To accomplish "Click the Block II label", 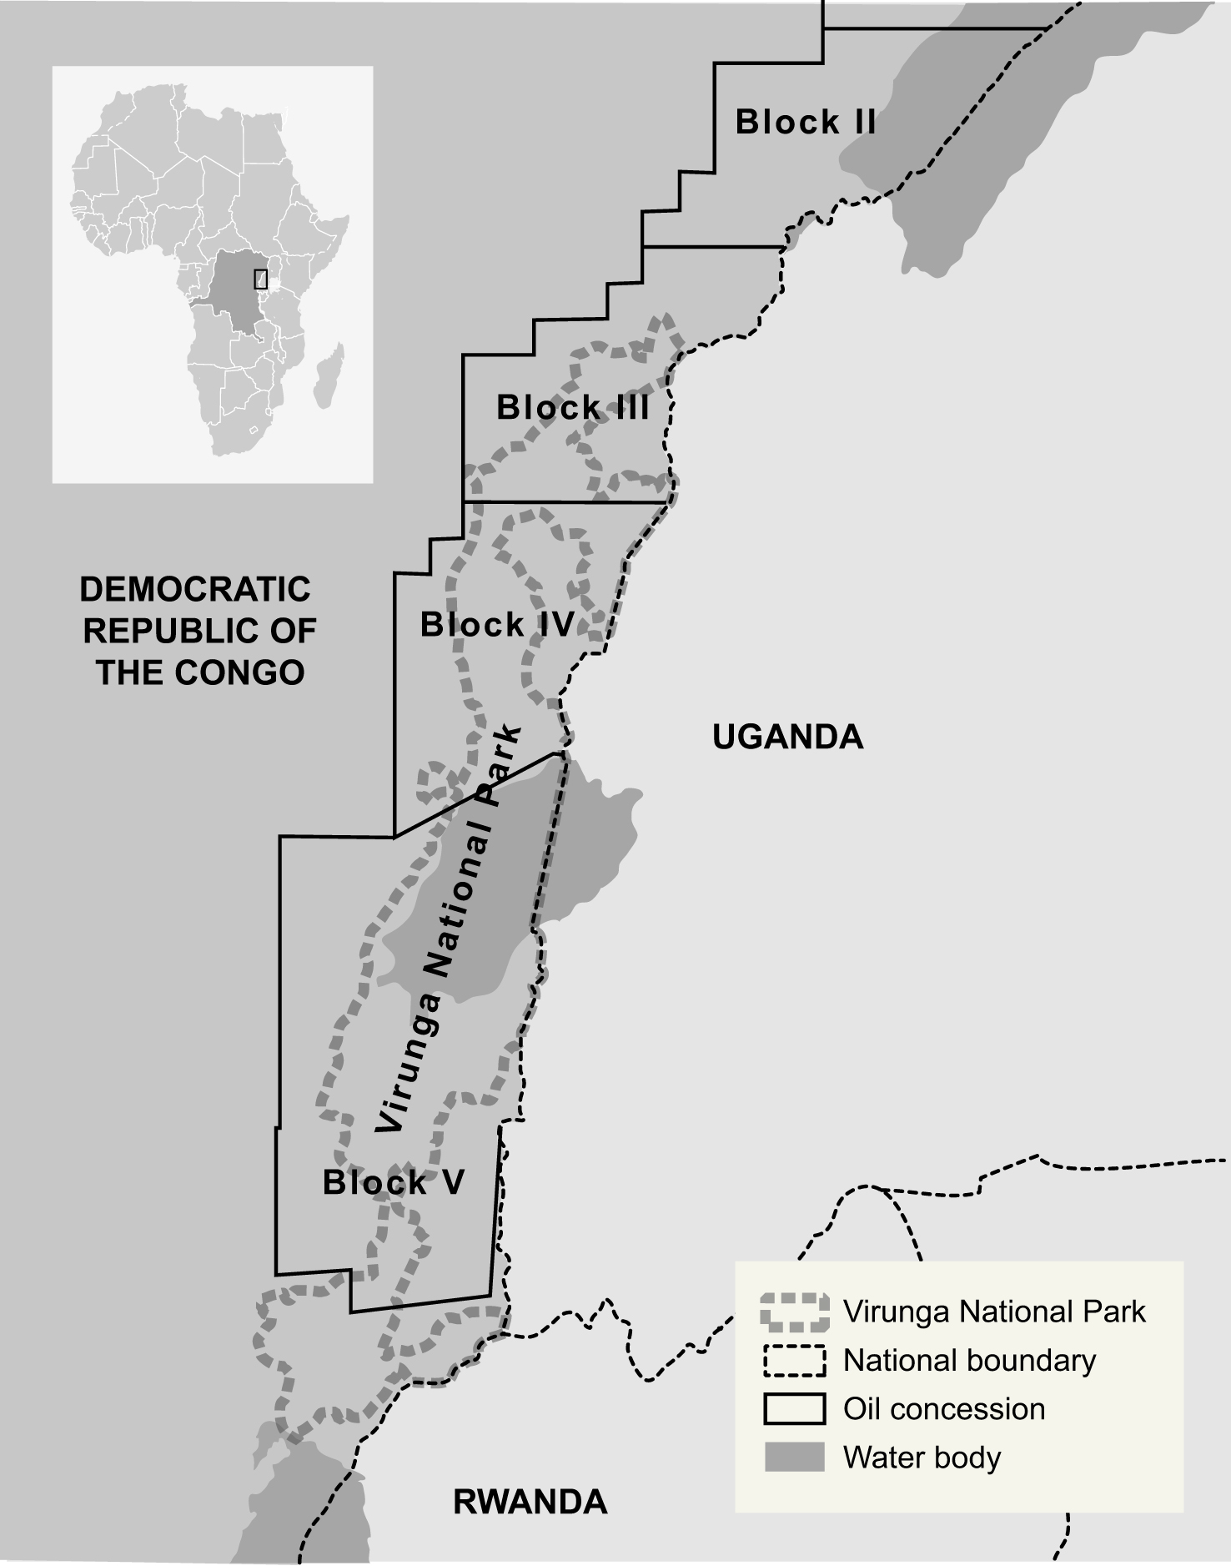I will pyautogui.click(x=805, y=122).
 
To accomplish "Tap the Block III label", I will pyautogui.click(x=572, y=408).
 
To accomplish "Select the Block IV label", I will pyautogui.click(x=497, y=625).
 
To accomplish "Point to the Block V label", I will pyautogui.click(x=393, y=1182).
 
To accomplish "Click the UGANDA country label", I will pyautogui.click(x=787, y=737).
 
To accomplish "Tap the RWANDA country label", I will pyautogui.click(x=530, y=1502).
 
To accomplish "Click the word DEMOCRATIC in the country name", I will pyautogui.click(x=195, y=590).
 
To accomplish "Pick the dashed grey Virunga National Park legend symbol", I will pyautogui.click(x=794, y=1312).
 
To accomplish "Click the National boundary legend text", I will pyautogui.click(x=969, y=1360).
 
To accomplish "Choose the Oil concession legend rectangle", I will pyautogui.click(x=794, y=1408).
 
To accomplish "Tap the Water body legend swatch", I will pyautogui.click(x=794, y=1457).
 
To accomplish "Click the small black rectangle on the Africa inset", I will pyautogui.click(x=260, y=279).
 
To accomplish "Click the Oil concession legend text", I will pyautogui.click(x=943, y=1408).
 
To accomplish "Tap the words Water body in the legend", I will pyautogui.click(x=922, y=1457).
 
